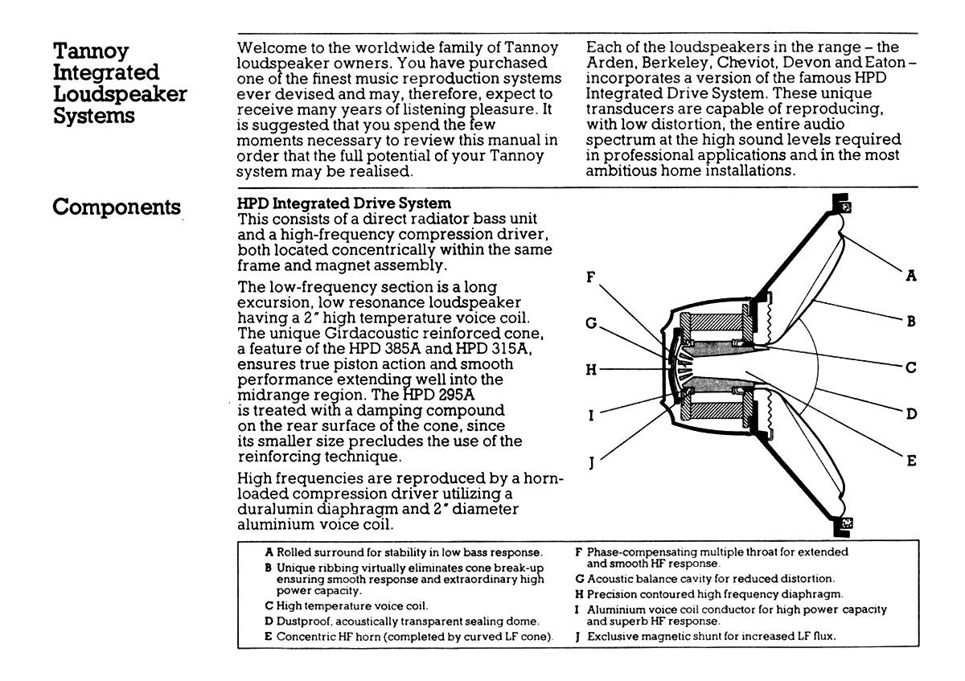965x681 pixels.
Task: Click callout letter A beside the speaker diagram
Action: (912, 276)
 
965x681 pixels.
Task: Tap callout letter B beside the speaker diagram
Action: (912, 321)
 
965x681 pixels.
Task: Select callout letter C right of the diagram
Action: (912, 367)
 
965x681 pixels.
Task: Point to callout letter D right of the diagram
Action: (912, 414)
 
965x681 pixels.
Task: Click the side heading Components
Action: (116, 207)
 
